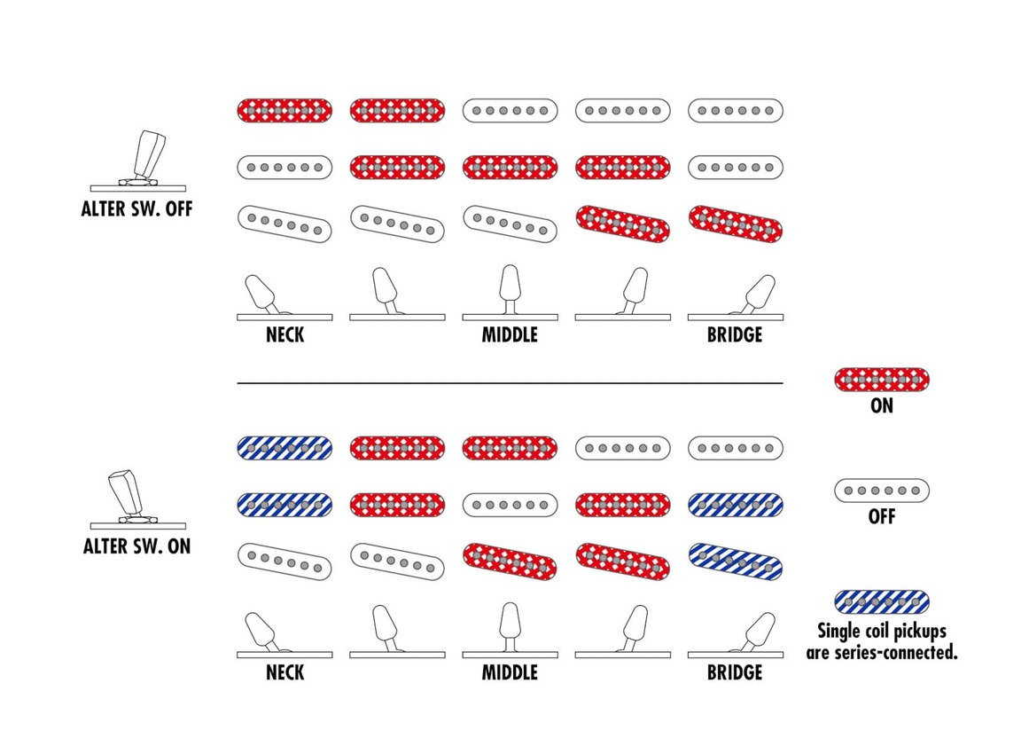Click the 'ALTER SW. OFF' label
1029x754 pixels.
click(136, 210)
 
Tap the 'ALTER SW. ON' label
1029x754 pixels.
click(136, 546)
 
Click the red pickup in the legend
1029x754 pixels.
click(881, 381)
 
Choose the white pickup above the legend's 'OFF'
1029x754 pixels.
click(881, 490)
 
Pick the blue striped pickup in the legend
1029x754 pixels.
click(881, 601)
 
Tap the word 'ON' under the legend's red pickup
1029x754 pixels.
click(881, 406)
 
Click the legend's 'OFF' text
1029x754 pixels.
click(881, 516)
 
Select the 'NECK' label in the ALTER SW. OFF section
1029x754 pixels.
click(285, 336)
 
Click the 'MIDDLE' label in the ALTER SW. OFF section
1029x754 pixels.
click(510, 336)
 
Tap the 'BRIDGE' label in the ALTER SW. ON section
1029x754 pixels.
click(735, 672)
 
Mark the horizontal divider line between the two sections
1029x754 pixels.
click(510, 383)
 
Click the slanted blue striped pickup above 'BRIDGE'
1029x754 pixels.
click(735, 561)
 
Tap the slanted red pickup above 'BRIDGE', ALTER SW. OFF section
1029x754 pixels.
click(735, 224)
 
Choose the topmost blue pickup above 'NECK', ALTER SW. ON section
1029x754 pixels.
click(285, 447)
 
